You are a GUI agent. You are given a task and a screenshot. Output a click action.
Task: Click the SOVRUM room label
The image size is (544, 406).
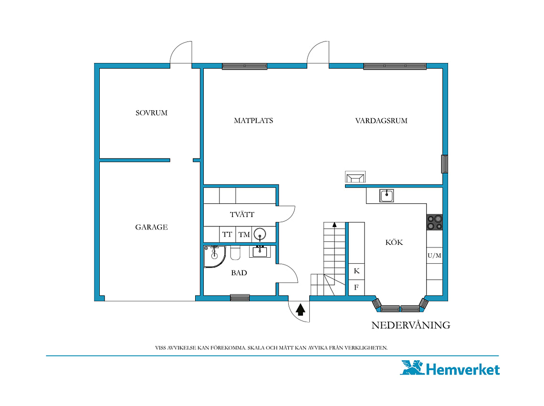(x=151, y=113)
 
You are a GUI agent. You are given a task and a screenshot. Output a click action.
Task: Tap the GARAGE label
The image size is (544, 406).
(x=151, y=227)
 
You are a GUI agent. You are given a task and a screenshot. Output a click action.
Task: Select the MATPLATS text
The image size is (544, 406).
(x=253, y=120)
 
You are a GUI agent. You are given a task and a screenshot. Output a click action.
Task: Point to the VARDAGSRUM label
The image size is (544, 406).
(x=381, y=120)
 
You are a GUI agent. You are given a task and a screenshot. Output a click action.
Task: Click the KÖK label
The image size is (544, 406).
(x=394, y=242)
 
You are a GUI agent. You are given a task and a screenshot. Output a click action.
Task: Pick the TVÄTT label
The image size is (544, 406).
(x=242, y=214)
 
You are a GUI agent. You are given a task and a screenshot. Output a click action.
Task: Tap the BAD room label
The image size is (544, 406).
(x=239, y=273)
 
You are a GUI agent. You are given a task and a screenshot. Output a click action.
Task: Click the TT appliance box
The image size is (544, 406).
(x=227, y=234)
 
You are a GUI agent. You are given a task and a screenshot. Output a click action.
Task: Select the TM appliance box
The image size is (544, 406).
(x=244, y=234)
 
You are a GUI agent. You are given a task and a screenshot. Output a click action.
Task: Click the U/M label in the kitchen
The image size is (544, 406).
(x=434, y=255)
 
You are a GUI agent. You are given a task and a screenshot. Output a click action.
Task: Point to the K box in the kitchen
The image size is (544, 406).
(x=356, y=271)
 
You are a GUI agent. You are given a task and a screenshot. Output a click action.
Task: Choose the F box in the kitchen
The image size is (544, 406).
(x=356, y=287)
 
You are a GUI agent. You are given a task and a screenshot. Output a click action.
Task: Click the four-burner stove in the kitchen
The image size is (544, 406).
(x=435, y=222)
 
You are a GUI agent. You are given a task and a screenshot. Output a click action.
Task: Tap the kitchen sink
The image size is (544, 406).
(x=386, y=196)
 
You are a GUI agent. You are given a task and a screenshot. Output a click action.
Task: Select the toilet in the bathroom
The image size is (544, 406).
(x=235, y=253)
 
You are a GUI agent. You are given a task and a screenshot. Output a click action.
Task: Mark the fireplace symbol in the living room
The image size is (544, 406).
(x=355, y=177)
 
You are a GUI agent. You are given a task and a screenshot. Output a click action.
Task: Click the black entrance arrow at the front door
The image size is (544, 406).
(x=301, y=310)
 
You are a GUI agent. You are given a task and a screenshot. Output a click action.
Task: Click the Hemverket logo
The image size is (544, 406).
(x=450, y=368)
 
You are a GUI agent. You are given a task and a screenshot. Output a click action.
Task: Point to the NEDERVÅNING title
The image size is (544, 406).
(x=411, y=325)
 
